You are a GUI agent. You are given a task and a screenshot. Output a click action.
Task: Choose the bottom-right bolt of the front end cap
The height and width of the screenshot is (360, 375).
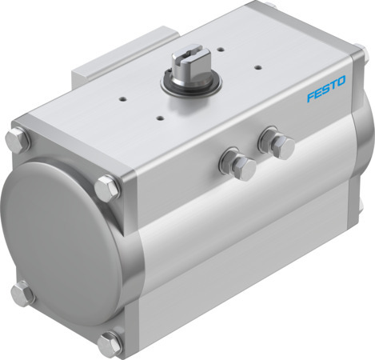pyautogui.click(x=109, y=345)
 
